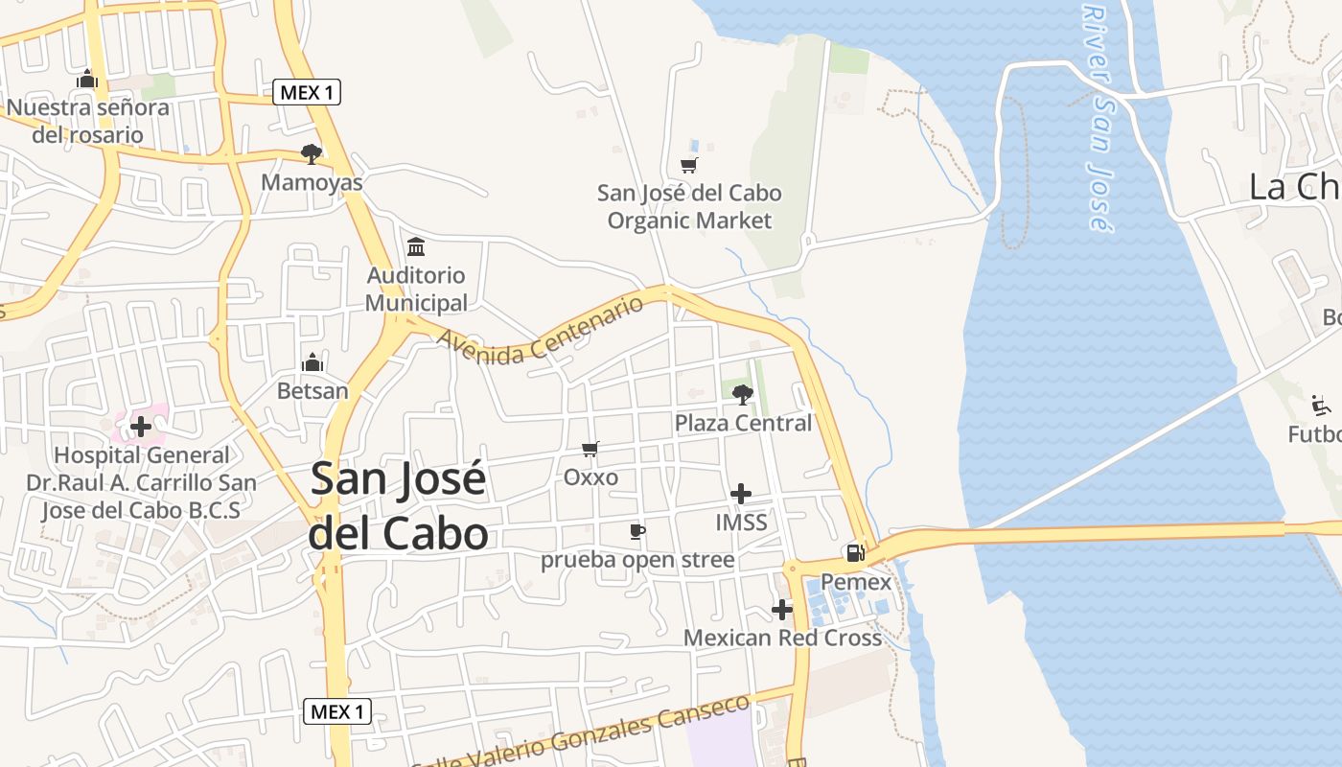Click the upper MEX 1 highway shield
(307, 92)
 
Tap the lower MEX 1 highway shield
(337, 711)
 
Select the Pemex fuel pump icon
(855, 553)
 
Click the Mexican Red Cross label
(782, 638)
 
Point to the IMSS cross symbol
(741, 494)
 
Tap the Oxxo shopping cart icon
(590, 449)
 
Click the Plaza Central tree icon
(742, 393)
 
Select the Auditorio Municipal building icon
(416, 247)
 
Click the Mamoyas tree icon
(311, 153)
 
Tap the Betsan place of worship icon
(312, 363)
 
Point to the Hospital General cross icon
(141, 426)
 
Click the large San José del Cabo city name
(398, 506)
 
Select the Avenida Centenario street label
(540, 331)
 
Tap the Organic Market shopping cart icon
(688, 165)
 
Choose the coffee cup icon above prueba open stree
(636, 531)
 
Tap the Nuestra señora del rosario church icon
(87, 79)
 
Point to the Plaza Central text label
(743, 423)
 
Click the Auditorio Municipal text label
(417, 290)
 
